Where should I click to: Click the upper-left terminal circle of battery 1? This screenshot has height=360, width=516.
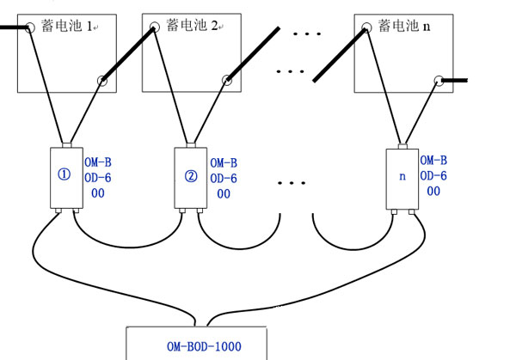(x=30, y=27)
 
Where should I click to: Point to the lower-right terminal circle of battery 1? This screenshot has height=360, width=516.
(x=102, y=82)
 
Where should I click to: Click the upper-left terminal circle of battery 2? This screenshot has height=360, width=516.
(x=155, y=28)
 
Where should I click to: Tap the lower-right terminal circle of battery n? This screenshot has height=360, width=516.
(x=438, y=81)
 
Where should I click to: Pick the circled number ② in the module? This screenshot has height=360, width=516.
(x=191, y=178)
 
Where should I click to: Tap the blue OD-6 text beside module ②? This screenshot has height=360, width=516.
(x=224, y=178)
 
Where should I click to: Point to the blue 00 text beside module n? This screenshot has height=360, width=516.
(x=433, y=192)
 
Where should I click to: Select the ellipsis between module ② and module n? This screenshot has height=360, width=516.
(x=293, y=183)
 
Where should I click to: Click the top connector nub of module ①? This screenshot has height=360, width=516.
(x=64, y=144)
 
